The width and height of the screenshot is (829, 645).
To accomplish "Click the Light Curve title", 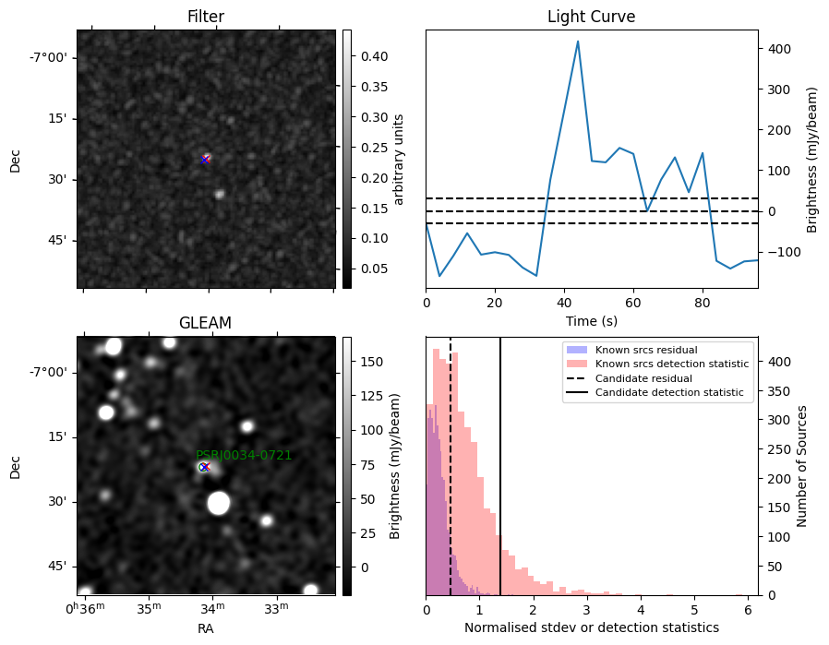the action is pyautogui.click(x=591, y=17).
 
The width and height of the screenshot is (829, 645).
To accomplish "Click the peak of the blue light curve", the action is pyautogui.click(x=578, y=42).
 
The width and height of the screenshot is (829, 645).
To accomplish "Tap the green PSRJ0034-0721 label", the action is pyautogui.click(x=244, y=455).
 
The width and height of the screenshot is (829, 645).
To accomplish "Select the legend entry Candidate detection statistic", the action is pyautogui.click(x=669, y=392).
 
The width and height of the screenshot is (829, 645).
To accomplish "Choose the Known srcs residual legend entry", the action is pyautogui.click(x=646, y=350).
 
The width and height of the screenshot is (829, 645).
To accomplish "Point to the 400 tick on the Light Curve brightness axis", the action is pyautogui.click(x=775, y=49).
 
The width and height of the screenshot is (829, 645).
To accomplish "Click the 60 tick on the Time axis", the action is pyautogui.click(x=633, y=303).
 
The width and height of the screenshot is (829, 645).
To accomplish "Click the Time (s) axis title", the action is pyautogui.click(x=592, y=321).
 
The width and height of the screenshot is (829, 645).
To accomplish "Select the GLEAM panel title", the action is pyautogui.click(x=205, y=323).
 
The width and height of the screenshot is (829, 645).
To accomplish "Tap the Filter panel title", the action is pyautogui.click(x=206, y=17).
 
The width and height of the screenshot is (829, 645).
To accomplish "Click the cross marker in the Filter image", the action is pyautogui.click(x=205, y=160).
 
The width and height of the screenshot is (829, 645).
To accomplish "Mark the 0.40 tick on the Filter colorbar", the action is pyautogui.click(x=374, y=56).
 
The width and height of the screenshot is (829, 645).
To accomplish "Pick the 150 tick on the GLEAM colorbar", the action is pyautogui.click(x=372, y=362).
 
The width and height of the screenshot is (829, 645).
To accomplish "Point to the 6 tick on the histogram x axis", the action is pyautogui.click(x=748, y=610).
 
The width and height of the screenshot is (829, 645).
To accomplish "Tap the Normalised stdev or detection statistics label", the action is pyautogui.click(x=592, y=627).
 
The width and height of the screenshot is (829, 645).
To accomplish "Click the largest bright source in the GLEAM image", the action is pyautogui.click(x=219, y=503).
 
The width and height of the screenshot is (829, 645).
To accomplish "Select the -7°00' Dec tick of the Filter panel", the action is pyautogui.click(x=48, y=57).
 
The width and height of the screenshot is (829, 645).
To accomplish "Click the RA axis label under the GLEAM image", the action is pyautogui.click(x=206, y=628).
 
